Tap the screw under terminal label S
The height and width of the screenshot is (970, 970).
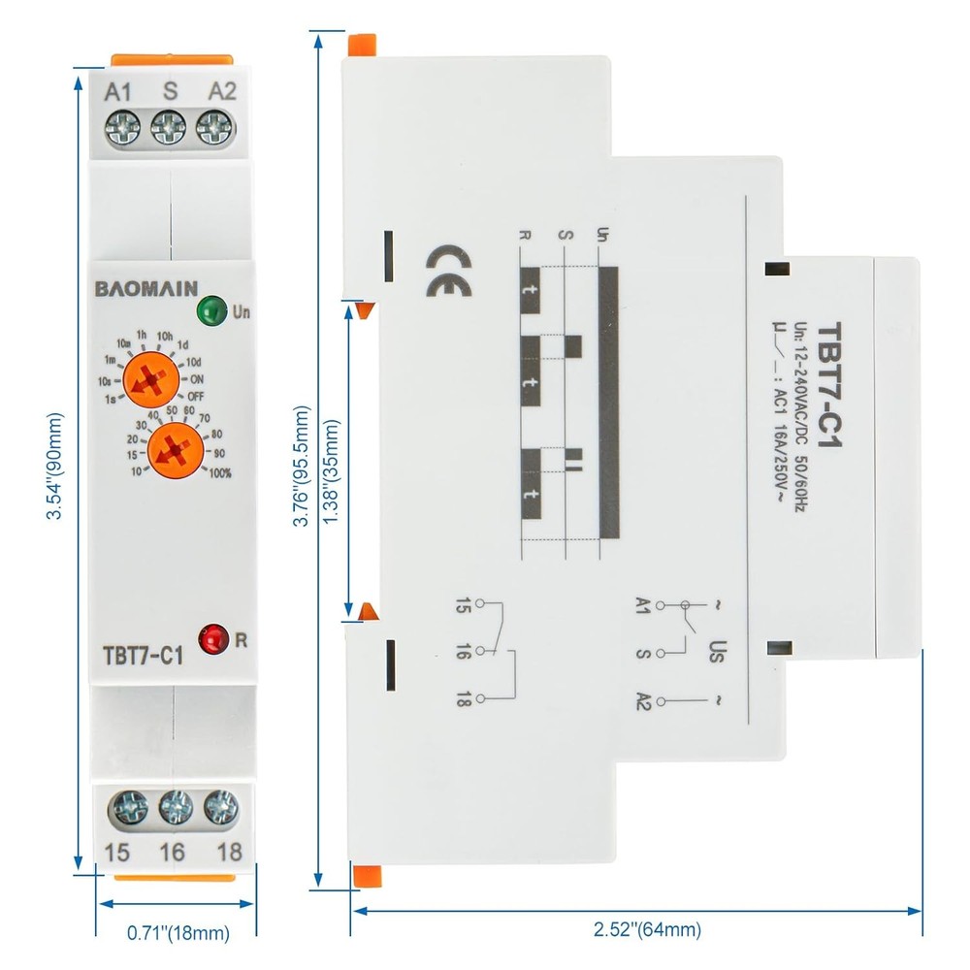(170, 127)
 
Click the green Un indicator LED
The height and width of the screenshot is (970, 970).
(209, 312)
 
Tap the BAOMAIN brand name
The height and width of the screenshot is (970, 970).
(146, 287)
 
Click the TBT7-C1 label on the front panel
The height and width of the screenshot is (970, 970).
(142, 655)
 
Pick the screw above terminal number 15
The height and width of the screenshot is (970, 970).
(125, 806)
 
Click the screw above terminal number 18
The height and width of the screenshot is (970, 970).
(221, 806)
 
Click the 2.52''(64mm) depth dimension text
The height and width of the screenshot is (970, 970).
(647, 929)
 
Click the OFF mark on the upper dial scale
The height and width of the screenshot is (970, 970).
(196, 396)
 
